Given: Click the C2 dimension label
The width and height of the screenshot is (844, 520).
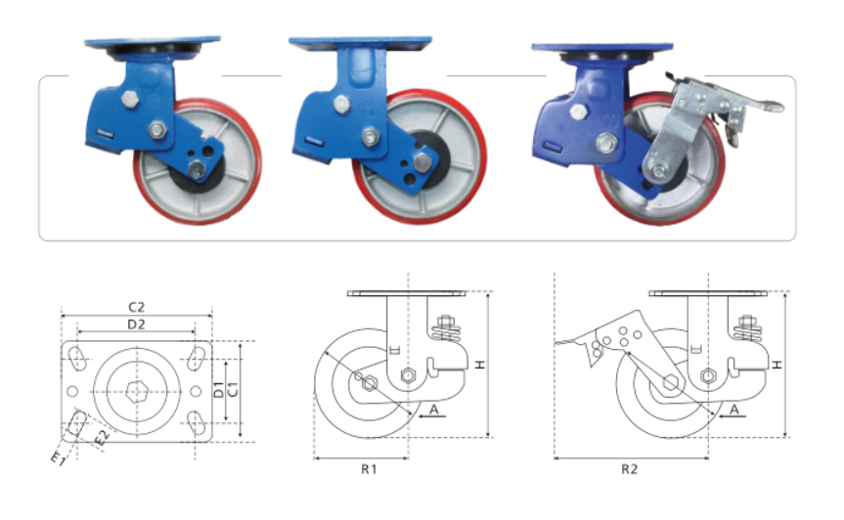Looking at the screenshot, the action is (136, 307).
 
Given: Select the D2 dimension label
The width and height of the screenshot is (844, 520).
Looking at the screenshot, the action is (136, 325).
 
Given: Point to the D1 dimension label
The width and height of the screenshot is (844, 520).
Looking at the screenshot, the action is (218, 390).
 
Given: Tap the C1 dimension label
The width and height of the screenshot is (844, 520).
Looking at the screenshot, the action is (233, 390).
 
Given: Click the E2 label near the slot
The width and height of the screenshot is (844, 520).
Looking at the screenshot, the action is (103, 437).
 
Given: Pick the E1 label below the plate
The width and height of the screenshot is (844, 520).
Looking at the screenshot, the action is (58, 458).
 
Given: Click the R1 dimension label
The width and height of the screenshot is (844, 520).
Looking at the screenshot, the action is (369, 469).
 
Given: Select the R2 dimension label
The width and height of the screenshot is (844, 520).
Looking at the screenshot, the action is (629, 469).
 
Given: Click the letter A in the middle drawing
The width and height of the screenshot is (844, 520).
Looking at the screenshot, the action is (434, 410).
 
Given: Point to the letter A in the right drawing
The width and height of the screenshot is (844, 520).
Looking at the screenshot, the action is (734, 410).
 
